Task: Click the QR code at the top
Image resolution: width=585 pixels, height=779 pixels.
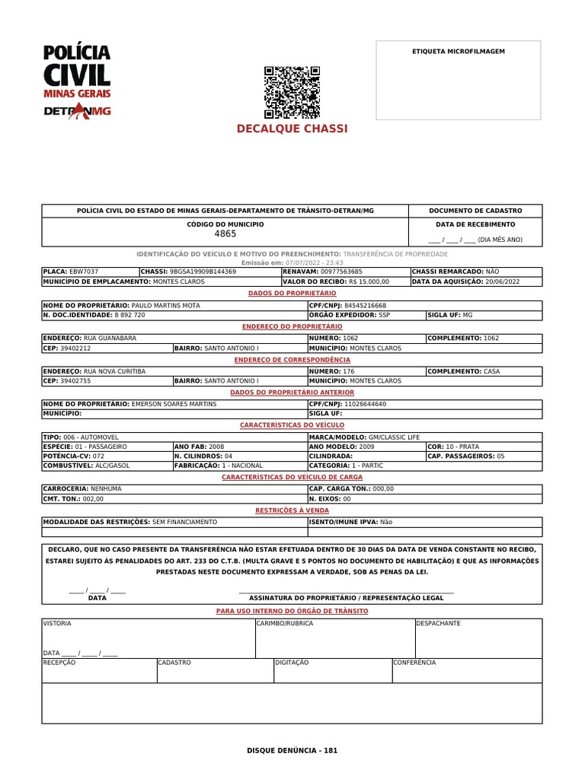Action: click(292, 92)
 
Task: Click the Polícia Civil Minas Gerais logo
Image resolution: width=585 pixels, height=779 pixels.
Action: click(76, 81)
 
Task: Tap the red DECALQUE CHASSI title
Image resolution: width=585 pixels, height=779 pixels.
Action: click(292, 129)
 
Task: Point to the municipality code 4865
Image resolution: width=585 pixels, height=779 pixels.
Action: click(225, 234)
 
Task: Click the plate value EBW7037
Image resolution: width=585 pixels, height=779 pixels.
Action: click(83, 272)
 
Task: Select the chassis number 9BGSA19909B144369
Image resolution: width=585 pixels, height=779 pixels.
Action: click(203, 272)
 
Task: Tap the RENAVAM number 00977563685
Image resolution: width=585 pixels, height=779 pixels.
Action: click(341, 272)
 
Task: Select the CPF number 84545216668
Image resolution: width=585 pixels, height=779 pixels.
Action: click(365, 305)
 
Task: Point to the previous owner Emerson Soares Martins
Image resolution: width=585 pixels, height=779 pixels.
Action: click(174, 404)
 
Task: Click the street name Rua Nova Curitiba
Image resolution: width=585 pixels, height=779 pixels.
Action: click(113, 371)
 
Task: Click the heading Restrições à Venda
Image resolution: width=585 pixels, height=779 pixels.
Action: click(292, 510)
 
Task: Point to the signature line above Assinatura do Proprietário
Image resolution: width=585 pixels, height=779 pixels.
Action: click(347, 591)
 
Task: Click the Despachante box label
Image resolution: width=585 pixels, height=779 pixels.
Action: click(438, 623)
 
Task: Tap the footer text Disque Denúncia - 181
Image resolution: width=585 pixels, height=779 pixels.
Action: click(292, 750)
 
